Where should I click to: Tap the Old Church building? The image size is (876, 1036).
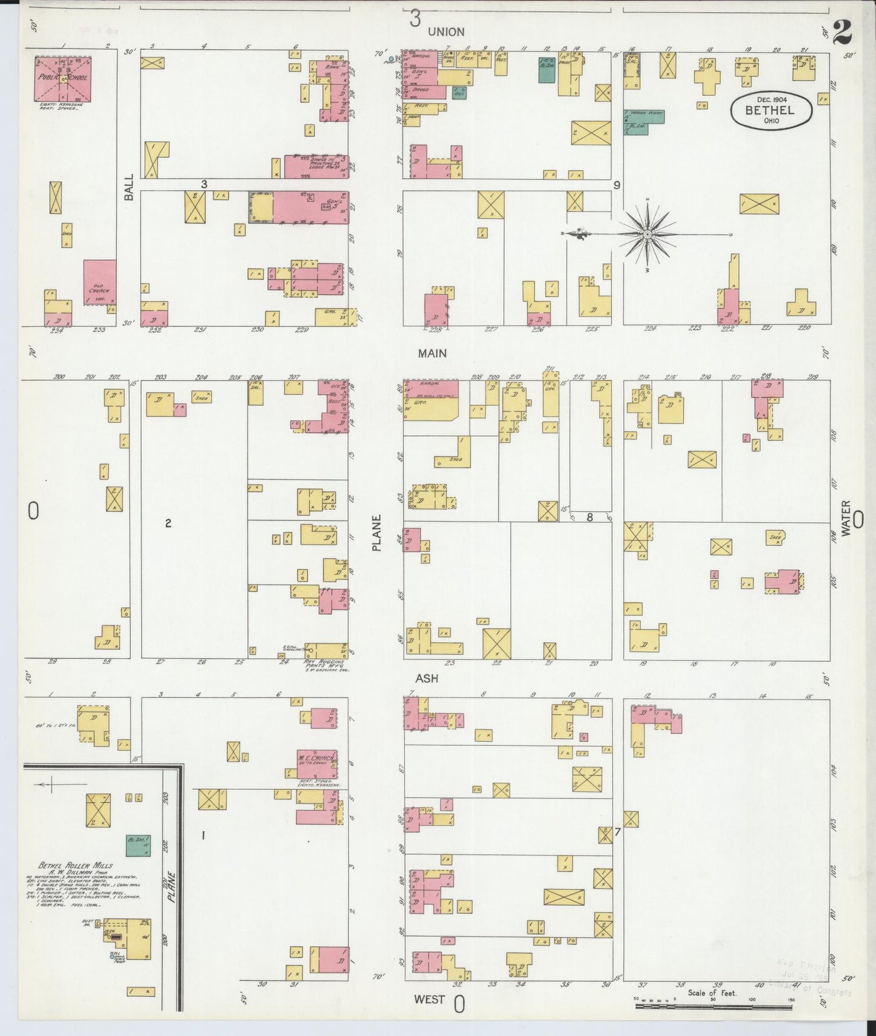[99, 282]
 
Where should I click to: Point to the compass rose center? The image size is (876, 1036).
[647, 234]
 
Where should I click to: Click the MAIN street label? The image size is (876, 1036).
[432, 353]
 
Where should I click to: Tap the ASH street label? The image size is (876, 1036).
[426, 679]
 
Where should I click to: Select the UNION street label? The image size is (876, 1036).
[446, 32]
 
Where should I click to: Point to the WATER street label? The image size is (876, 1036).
[845, 517]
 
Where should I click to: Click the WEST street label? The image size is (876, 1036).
[429, 999]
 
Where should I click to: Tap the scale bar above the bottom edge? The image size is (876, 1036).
[713, 1006]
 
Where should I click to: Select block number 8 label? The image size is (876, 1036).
[589, 517]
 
